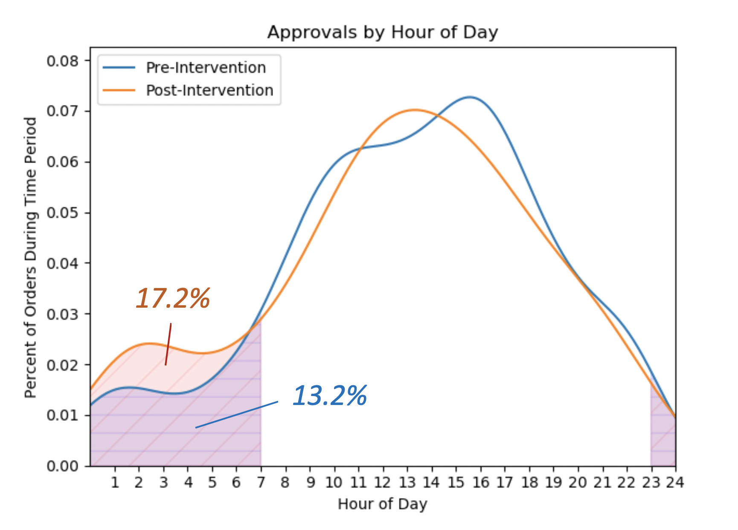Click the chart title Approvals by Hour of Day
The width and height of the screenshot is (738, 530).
[x=382, y=32]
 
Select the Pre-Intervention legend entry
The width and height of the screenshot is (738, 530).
[x=206, y=67]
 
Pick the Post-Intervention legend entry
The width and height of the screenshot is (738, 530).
[x=209, y=90]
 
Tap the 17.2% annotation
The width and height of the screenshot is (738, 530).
[x=173, y=298]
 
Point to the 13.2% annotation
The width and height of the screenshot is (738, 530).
[x=329, y=396]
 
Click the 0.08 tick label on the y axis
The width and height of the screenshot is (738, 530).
[x=63, y=61]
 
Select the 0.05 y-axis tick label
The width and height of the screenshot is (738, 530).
[x=63, y=213]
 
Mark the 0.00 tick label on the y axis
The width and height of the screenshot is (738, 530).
[x=63, y=466]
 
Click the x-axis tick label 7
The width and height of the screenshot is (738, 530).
[x=261, y=483]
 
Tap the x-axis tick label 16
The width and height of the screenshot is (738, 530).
[x=480, y=483]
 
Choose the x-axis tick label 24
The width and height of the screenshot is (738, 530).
[x=675, y=483]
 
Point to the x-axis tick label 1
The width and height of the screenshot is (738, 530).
[x=115, y=483]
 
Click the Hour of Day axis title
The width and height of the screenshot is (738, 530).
[x=382, y=504]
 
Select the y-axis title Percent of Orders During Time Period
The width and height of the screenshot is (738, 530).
[x=31, y=258]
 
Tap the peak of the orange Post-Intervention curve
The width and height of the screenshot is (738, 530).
[x=415, y=110]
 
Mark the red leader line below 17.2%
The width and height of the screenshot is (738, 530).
[x=168, y=344]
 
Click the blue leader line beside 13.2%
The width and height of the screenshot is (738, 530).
[x=237, y=414]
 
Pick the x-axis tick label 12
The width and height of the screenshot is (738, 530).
[x=383, y=483]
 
